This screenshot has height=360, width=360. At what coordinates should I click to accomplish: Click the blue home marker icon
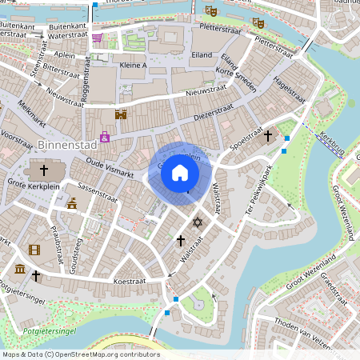pos(180,173)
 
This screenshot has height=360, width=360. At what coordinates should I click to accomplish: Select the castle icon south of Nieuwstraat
pos(121,115)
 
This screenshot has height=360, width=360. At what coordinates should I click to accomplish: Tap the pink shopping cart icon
pos(98,37)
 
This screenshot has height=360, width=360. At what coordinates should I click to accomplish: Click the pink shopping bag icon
pos(105,137)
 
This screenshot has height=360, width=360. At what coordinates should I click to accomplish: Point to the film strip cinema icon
pos(34,250)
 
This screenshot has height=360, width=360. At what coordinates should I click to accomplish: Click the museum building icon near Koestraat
pos(19,268)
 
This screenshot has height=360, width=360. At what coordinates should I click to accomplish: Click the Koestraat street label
pos(128,281)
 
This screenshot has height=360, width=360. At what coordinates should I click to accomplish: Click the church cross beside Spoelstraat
pos(269,137)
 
